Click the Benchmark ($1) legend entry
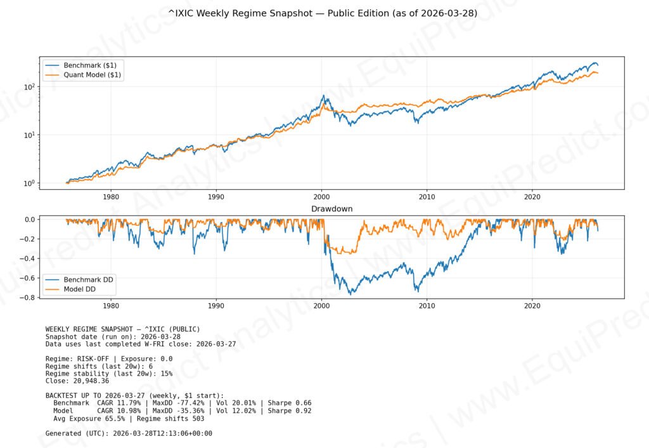click(x=89, y=65)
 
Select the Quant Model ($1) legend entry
click(x=93, y=75)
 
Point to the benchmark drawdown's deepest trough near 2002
click(x=350, y=294)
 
